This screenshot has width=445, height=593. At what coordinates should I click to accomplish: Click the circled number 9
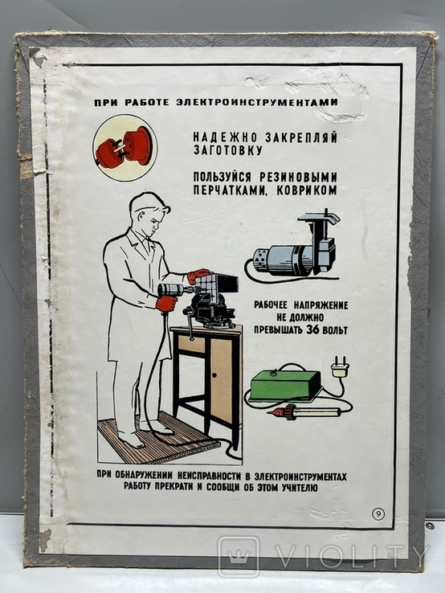click(378, 514)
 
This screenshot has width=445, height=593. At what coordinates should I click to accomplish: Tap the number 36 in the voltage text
click(312, 329)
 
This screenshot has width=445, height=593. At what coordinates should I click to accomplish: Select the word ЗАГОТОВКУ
click(227, 150)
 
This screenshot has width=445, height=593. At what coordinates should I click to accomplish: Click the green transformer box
click(284, 384)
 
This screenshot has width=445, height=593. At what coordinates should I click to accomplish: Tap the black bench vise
click(207, 312)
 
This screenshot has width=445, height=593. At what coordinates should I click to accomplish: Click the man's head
click(149, 213)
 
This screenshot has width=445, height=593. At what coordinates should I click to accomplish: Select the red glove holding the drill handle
click(166, 305)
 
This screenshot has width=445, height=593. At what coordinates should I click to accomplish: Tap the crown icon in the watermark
click(239, 556)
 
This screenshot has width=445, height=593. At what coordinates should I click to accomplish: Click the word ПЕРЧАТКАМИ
click(231, 190)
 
